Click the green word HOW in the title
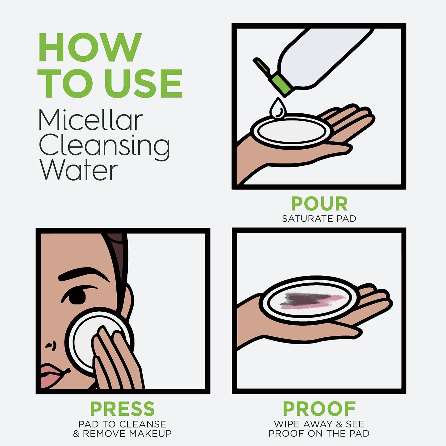coord(90,48)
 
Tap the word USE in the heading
coord(144,83)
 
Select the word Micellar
coord(90,120)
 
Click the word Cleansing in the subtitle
coord(104,146)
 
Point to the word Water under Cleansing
coord(78,170)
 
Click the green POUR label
coord(319,204)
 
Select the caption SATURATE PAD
coord(319,219)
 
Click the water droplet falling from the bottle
coord(278,109)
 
